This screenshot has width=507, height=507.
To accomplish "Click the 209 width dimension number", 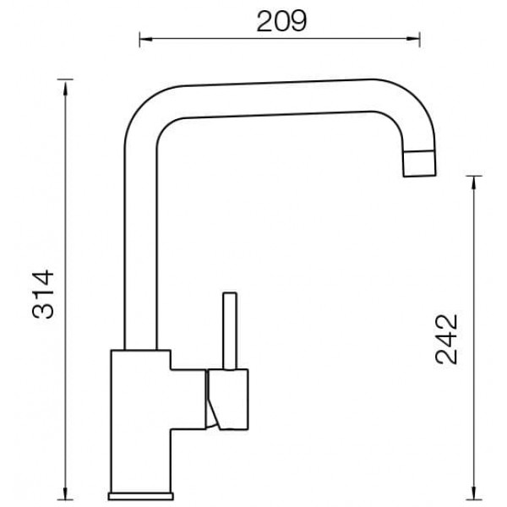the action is (281, 21).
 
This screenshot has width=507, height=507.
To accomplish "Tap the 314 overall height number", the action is (43, 294).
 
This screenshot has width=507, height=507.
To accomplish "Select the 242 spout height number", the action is (446, 339).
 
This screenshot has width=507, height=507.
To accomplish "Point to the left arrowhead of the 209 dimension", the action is (146, 39).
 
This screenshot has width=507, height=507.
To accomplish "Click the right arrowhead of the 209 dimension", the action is (413, 39).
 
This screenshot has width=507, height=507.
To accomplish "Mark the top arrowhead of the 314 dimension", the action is (66, 88).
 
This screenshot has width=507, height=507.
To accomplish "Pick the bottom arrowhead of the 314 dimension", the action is (66, 493).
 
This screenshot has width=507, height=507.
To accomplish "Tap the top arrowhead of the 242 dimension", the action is (474, 183).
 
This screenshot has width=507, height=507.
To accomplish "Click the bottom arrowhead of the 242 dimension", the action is (474, 493).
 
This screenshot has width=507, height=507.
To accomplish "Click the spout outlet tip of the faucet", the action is (419, 164).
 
